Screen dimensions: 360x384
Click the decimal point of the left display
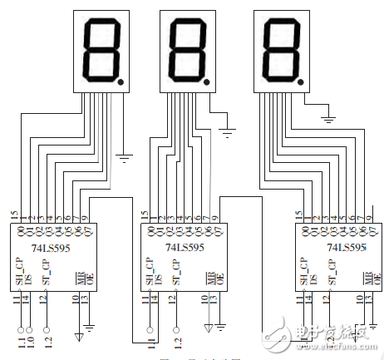click(122, 82)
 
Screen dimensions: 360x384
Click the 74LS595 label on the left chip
click(47, 247)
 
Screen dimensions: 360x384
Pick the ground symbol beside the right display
click(329, 119)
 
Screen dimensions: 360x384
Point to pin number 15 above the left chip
click(14, 215)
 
